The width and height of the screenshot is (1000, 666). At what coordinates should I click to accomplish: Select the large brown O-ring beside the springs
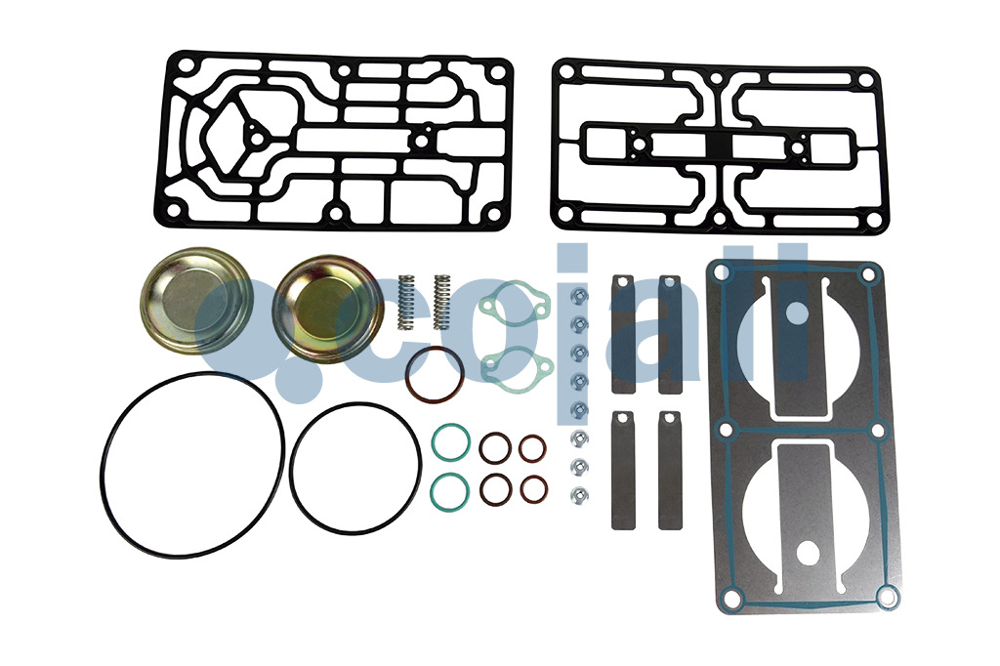pyautogui.click(x=435, y=374)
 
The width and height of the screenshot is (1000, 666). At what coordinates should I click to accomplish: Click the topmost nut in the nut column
pyautogui.click(x=578, y=296)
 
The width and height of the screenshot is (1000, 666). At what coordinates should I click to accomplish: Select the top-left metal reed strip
pyautogui.click(x=623, y=335)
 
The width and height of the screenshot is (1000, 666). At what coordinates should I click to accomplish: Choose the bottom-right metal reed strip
pyautogui.click(x=670, y=471)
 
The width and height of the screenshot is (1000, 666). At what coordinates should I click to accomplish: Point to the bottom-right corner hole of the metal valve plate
pyautogui.click(x=886, y=596)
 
